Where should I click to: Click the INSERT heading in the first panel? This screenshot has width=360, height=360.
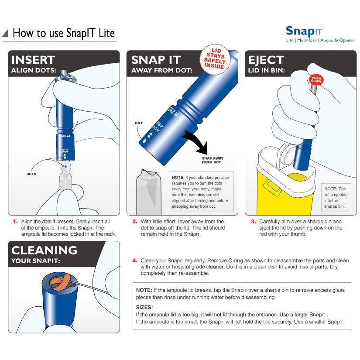(x=33, y=60)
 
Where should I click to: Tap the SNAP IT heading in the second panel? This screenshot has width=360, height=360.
(x=156, y=60)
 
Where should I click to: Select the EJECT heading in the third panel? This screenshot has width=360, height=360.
(x=266, y=60)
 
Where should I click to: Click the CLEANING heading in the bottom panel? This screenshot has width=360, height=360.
(x=44, y=250)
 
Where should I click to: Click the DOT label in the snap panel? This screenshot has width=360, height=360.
(x=138, y=123)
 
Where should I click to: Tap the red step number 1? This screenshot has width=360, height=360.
(x=15, y=222)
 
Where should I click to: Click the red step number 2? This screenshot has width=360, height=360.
(x=135, y=222)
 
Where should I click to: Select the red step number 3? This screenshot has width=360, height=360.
(x=253, y=222)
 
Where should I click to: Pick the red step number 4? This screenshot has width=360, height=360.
(x=135, y=261)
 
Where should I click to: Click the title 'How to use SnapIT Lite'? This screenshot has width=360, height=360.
(x=64, y=33)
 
